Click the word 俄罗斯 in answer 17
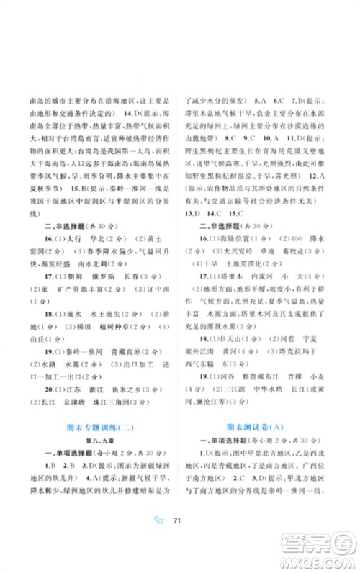tap(108, 274)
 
